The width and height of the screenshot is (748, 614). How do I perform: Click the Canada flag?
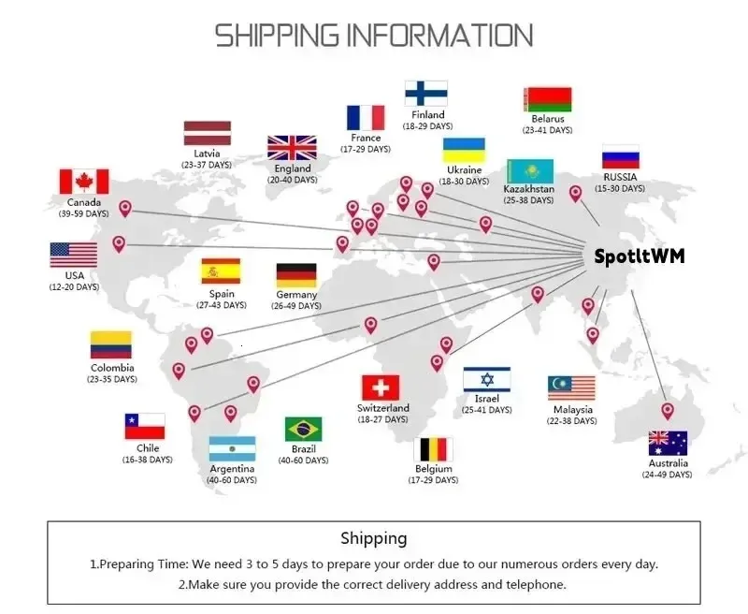tap(84, 182)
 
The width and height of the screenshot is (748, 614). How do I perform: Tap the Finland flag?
tap(426, 93)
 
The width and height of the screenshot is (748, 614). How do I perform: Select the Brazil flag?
tap(303, 430)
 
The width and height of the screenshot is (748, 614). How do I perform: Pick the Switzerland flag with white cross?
tap(381, 387)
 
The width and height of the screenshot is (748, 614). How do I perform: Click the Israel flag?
tap(486, 380)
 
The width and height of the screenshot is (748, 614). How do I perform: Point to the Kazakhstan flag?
tap(530, 171)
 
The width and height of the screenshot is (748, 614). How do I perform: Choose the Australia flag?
tap(668, 444)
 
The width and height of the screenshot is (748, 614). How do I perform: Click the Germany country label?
tap(296, 295)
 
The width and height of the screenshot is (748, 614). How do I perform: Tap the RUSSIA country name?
tap(620, 177)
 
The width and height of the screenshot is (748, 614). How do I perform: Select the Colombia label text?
tap(112, 368)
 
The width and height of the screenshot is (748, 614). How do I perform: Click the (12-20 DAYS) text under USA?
tap(74, 287)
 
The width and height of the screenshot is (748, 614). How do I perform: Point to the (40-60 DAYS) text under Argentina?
tap(232, 480)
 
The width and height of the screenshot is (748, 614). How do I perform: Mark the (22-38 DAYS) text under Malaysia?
tap(571, 420)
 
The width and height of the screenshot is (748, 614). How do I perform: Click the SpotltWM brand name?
tap(640, 256)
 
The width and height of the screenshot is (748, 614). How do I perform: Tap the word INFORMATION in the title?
tap(439, 36)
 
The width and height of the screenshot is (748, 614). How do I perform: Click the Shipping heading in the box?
tap(374, 538)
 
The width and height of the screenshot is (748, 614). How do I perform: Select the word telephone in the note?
tap(536, 584)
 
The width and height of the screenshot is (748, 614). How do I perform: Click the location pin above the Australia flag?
tap(668, 411)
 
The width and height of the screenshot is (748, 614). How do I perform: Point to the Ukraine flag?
tap(464, 151)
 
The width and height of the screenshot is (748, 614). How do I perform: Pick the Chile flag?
tap(145, 426)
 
